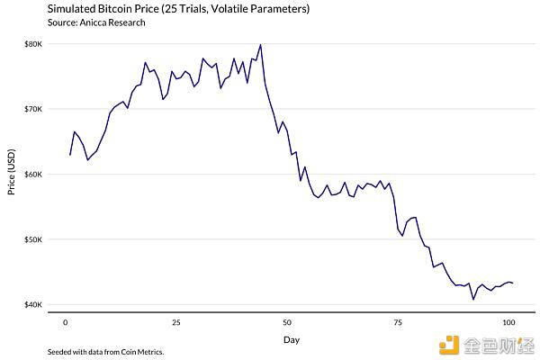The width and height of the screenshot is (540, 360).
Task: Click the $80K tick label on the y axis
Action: tap(32, 43)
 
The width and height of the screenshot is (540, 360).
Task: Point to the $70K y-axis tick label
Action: tap(32, 109)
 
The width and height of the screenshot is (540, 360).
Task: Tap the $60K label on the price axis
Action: tap(32, 174)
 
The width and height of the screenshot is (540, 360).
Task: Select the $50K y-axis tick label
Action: tap(32, 239)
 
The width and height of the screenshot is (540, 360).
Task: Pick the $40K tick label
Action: tap(32, 304)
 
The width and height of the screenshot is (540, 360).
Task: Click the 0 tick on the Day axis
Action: tap(65, 321)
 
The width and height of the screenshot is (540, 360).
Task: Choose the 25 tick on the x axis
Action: tap(176, 321)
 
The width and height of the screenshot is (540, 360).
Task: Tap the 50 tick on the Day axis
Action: tap(287, 321)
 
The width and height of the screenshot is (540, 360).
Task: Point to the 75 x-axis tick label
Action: tap(398, 321)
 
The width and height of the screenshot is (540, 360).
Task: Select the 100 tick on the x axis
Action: tap(508, 321)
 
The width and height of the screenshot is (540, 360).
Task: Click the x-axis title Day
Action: tap(291, 339)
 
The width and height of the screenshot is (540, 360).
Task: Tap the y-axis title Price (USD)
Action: tap(12, 174)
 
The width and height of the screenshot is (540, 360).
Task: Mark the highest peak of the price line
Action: tap(260, 45)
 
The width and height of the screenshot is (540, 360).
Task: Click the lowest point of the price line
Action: tap(473, 299)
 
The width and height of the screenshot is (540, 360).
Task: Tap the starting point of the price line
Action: tap(69, 155)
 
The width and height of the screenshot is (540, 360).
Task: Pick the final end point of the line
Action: tap(513, 283)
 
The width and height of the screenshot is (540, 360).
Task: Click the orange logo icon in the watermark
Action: tap(447, 342)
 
